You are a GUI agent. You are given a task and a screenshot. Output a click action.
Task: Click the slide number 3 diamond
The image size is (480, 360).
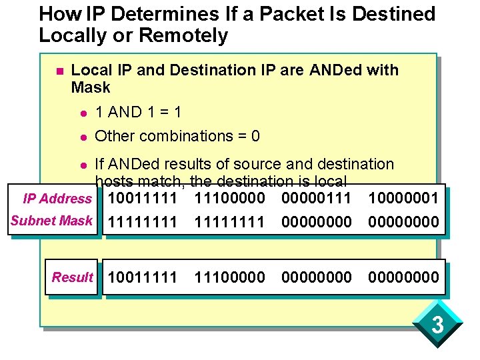pyautogui.click(x=437, y=325)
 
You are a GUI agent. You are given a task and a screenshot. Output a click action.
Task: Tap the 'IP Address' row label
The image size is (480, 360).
pyautogui.click(x=57, y=198)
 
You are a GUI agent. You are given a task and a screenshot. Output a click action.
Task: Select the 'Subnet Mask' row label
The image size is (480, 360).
pyautogui.click(x=51, y=221)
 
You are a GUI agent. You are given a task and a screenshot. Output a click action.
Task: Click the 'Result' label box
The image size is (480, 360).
pyautogui.click(x=73, y=277)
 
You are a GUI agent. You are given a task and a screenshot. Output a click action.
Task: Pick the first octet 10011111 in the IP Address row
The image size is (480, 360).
pyautogui.click(x=143, y=198)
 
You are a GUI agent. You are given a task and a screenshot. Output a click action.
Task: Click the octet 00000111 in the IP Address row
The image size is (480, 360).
pyautogui.click(x=317, y=198)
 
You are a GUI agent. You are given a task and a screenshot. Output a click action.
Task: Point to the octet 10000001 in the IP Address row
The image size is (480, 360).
pyautogui.click(x=403, y=198)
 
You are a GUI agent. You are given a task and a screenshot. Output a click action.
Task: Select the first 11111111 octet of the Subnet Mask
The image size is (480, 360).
pyautogui.click(x=143, y=221)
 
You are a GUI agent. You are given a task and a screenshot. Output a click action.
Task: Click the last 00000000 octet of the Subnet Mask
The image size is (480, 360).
pyautogui.click(x=403, y=221)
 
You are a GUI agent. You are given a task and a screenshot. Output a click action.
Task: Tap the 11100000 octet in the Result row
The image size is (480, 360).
pyautogui.click(x=229, y=277)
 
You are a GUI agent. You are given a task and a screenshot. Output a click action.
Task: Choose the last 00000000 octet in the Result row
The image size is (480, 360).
pyautogui.click(x=403, y=277)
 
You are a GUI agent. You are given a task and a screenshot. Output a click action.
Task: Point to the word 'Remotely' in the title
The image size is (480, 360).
pyautogui.click(x=187, y=35)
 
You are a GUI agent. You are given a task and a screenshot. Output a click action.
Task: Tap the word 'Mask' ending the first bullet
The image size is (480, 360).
pyautogui.click(x=91, y=87)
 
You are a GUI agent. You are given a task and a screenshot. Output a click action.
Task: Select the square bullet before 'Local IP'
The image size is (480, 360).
pyautogui.click(x=59, y=71)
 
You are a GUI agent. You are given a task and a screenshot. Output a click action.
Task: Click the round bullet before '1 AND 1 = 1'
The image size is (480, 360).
pyautogui.click(x=83, y=111)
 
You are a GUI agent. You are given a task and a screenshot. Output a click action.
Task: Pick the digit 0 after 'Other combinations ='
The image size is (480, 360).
pyautogui.click(x=255, y=136)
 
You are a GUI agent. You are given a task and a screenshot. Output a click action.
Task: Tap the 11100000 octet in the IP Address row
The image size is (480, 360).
pyautogui.click(x=229, y=198)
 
